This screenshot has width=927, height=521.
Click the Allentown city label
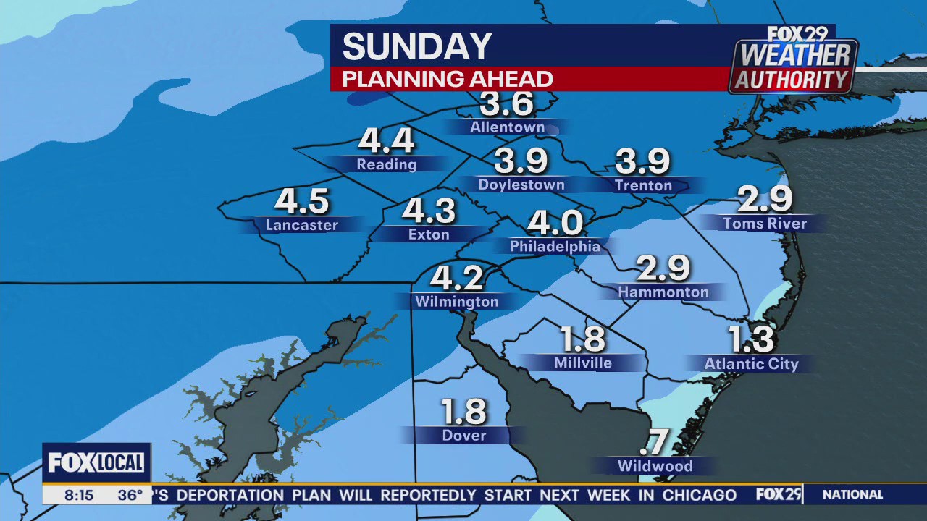(507, 127)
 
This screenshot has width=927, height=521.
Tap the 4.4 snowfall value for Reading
(386, 141)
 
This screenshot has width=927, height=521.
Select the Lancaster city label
(302, 225)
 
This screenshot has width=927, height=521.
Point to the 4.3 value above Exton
(429, 211)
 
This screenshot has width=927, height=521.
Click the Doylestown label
(521, 185)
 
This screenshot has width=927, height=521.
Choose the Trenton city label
(643, 186)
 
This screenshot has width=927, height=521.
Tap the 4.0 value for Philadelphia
(555, 222)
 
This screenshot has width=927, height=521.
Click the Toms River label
(765, 224)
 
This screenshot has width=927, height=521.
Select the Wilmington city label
(456, 302)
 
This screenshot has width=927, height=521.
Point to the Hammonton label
(663, 292)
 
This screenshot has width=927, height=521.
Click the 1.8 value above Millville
(583, 339)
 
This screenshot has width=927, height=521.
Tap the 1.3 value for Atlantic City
(751, 339)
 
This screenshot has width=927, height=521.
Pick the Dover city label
(464, 436)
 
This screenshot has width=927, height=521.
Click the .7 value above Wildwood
(654, 442)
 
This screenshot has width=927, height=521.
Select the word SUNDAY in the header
(417, 47)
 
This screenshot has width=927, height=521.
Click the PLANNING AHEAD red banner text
(448, 79)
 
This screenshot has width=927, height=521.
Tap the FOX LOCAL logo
(96, 462)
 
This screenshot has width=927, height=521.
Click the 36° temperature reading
(130, 496)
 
